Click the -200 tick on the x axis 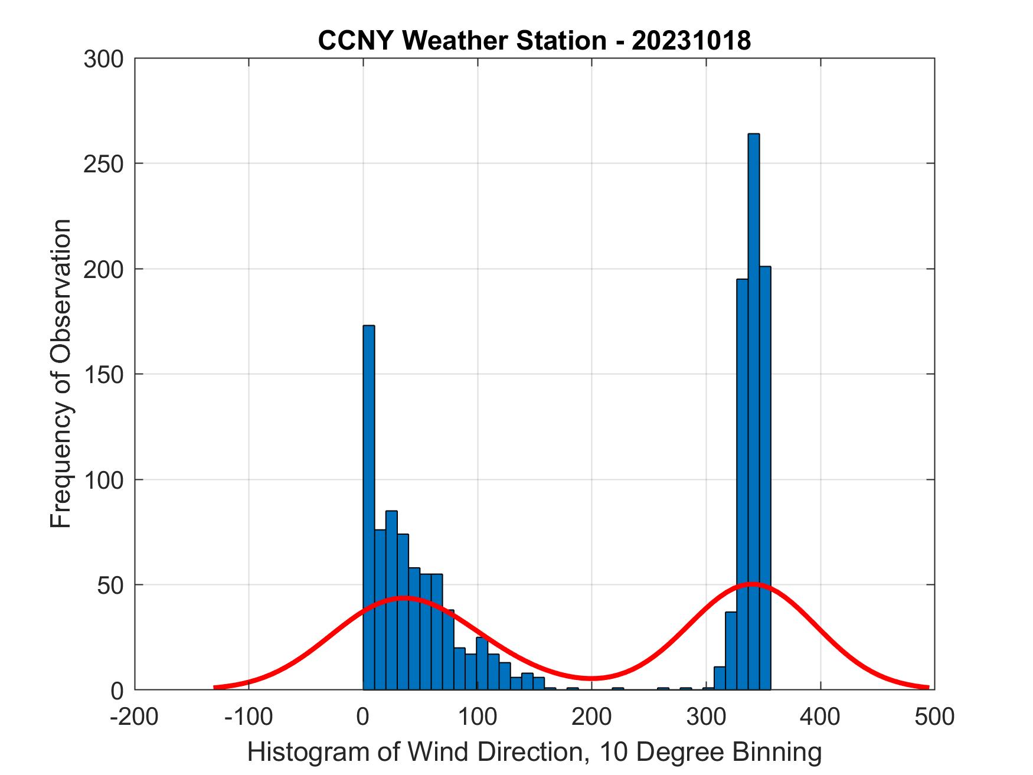(135, 716)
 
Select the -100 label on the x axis (249, 716)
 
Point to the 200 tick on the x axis (592, 716)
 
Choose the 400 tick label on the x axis (820, 716)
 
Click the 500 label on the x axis (934, 716)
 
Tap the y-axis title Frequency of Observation (61, 374)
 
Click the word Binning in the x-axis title (777, 752)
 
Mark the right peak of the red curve (752, 584)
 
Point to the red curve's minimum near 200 (592, 678)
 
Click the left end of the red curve (215, 687)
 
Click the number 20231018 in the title (691, 41)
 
